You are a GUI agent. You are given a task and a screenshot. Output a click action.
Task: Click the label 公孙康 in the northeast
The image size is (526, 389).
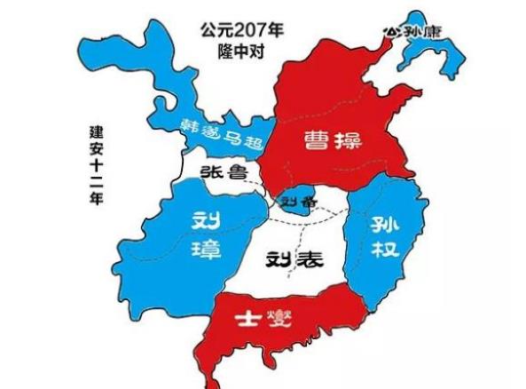(x=412, y=31)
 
